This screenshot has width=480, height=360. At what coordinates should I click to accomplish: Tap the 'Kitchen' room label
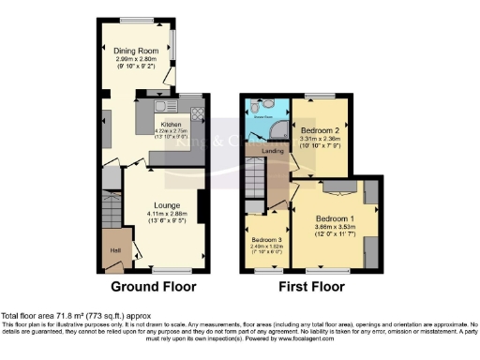point(171,124)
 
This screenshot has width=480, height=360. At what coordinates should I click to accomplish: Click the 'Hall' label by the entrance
point(114,249)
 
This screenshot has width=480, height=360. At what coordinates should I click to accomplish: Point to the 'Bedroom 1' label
point(335,218)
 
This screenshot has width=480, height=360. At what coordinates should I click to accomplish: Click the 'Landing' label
point(273,150)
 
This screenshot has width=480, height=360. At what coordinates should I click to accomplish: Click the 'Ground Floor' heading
point(155,287)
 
